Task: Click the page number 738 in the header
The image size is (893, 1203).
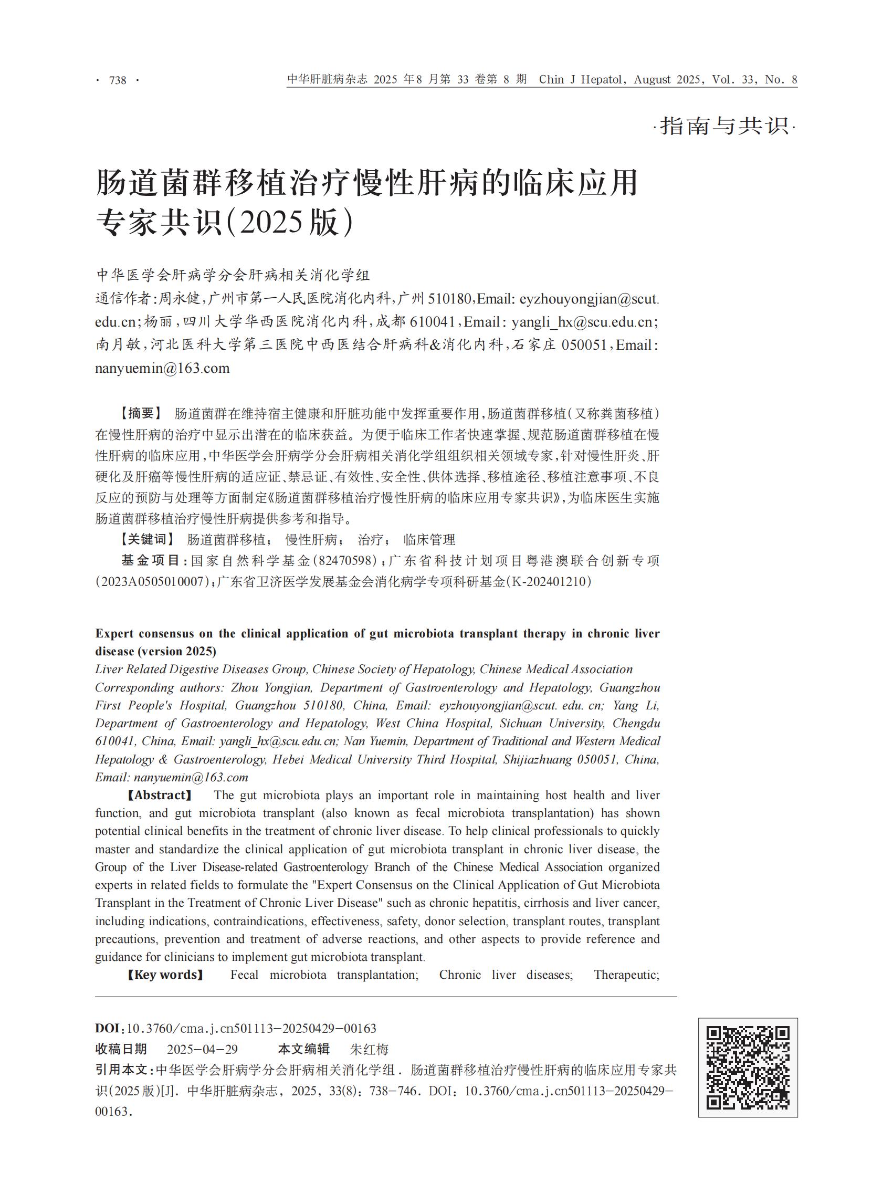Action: [117, 80]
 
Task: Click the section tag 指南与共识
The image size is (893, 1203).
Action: [724, 127]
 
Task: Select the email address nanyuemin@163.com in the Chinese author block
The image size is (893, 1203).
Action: [162, 369]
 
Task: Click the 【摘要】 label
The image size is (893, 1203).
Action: [140, 414]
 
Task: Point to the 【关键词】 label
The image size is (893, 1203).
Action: [146, 540]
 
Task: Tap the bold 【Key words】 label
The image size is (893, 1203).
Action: [165, 975]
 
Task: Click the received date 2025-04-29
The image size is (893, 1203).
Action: [202, 1050]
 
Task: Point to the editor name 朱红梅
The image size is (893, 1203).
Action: [370, 1050]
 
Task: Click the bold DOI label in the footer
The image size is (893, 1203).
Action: [109, 1028]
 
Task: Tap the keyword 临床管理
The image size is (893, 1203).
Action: [429, 540]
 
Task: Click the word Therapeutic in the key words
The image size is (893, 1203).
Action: [625, 975]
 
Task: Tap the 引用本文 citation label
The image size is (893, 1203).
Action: [121, 1070]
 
